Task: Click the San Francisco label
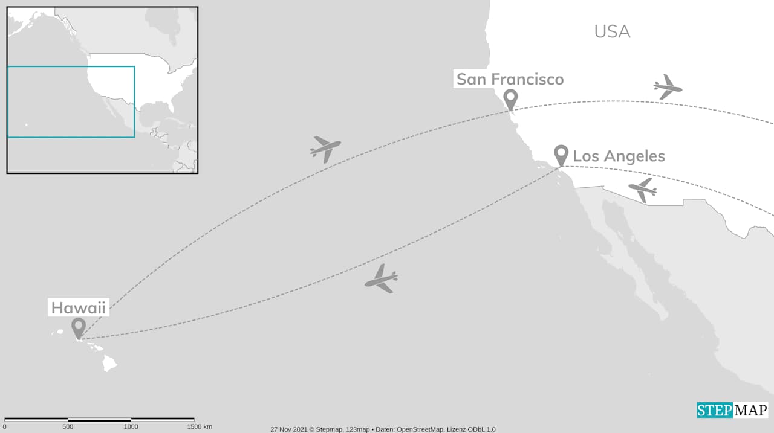coord(510,79)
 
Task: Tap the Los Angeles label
coord(619,156)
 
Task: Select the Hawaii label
coord(78,308)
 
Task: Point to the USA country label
coord(612,31)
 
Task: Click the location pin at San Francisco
coord(510,99)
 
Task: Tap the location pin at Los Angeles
coord(561,154)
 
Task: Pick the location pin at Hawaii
coord(78,327)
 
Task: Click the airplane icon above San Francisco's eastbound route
coord(668,88)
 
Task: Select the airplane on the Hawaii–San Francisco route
coord(325,148)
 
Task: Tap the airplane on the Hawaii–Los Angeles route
coord(382,279)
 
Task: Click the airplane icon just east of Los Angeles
coord(643,190)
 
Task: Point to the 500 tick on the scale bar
coord(68,419)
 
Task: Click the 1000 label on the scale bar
coord(131,427)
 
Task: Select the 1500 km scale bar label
coord(199,427)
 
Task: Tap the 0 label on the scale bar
coord(4,427)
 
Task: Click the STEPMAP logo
coord(732,410)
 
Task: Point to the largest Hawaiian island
coord(109,363)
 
